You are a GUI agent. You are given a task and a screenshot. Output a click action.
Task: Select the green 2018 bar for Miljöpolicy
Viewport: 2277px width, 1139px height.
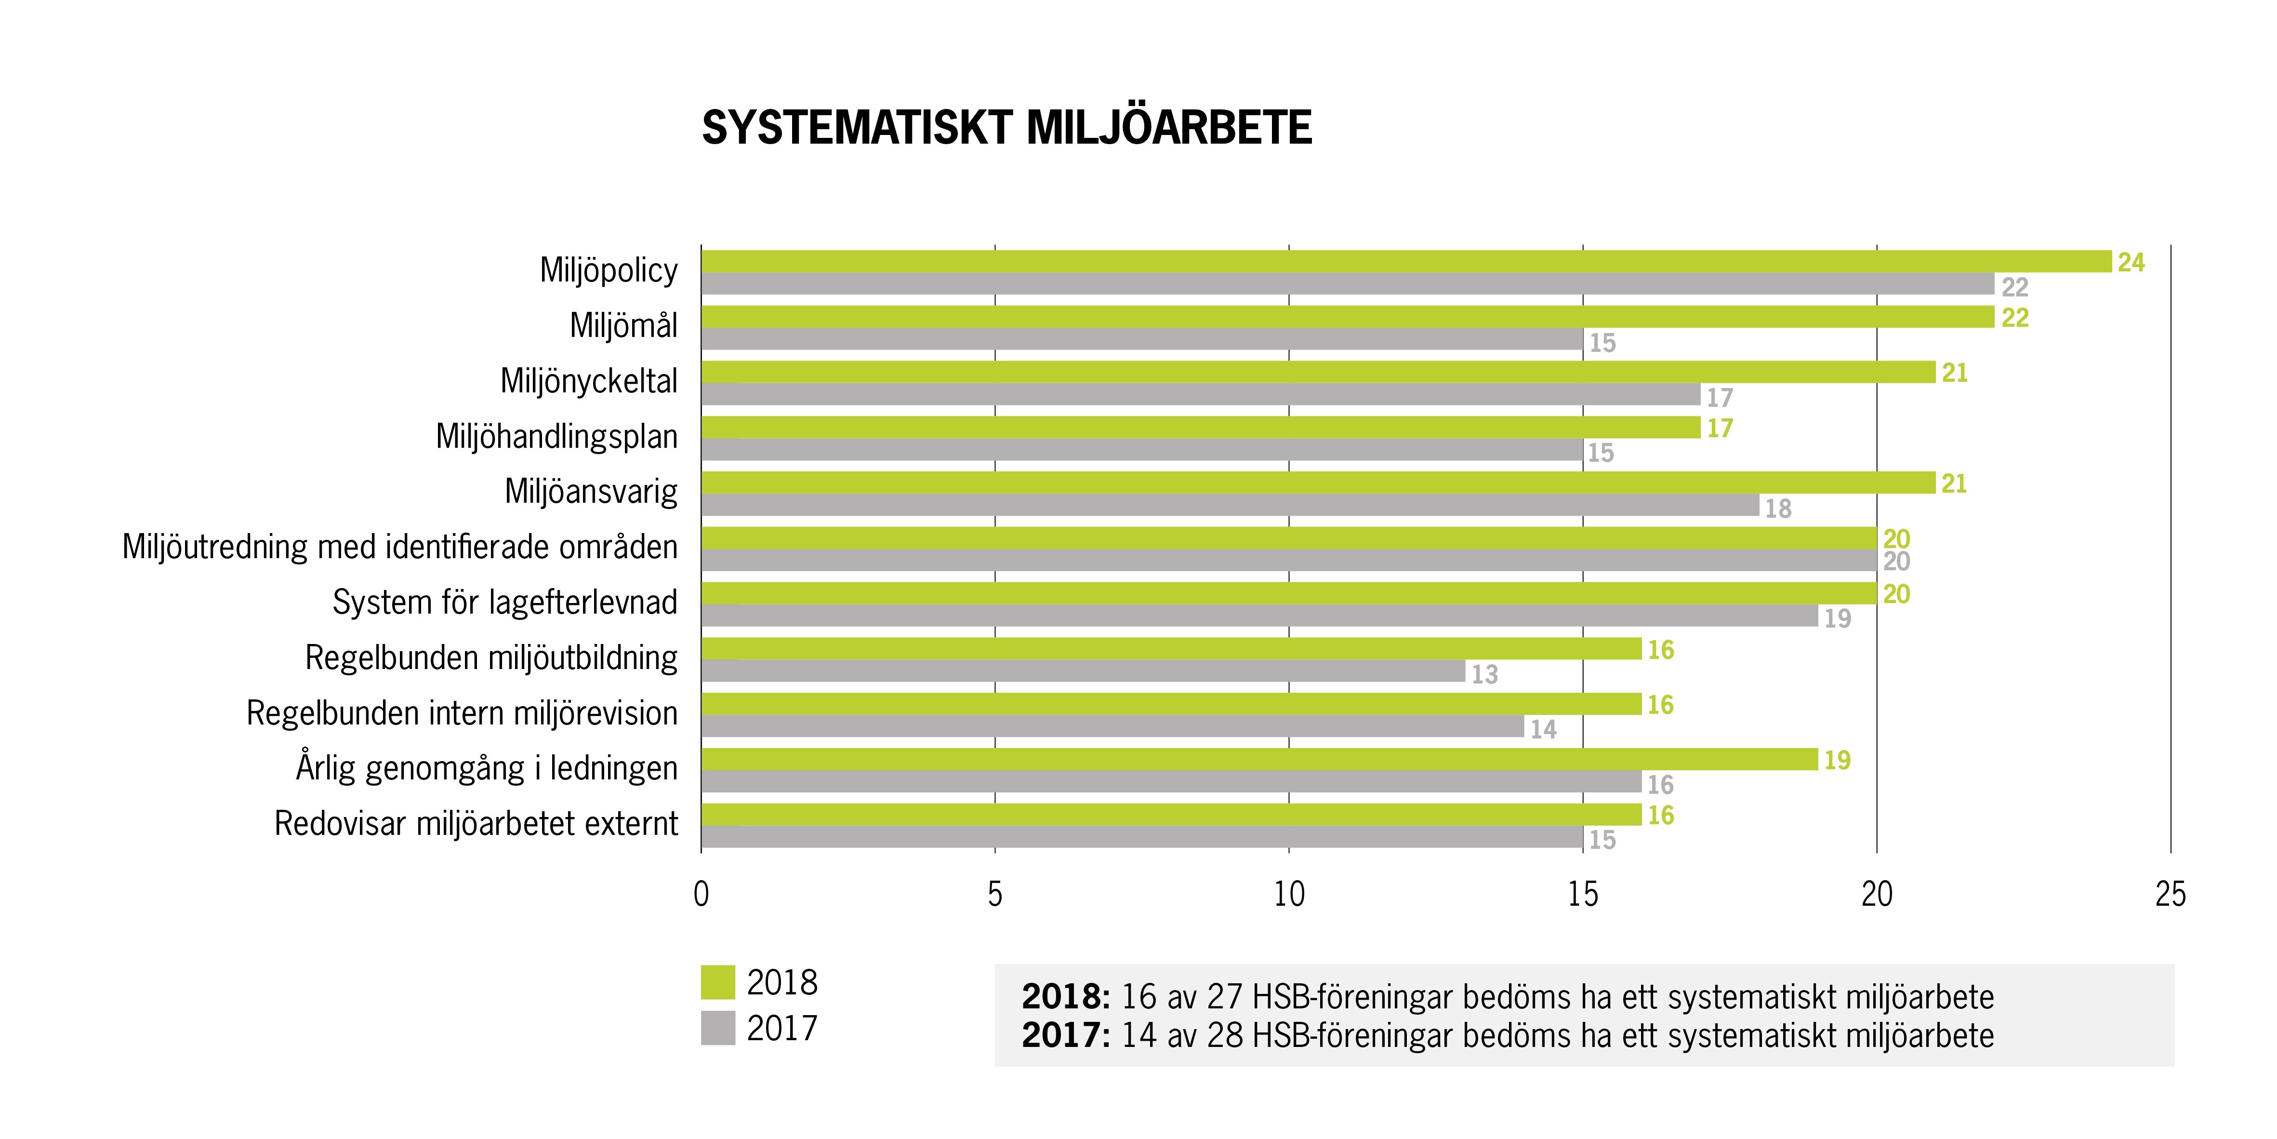[1405, 262]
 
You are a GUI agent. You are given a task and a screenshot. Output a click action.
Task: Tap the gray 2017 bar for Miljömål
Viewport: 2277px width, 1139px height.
[1142, 339]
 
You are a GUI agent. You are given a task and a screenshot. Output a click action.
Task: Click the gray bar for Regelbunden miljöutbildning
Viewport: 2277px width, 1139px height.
[1083, 671]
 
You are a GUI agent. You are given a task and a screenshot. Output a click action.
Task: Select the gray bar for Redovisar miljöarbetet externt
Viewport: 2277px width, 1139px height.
[1142, 837]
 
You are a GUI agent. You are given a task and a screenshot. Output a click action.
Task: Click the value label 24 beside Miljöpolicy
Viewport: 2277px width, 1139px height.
[2131, 263]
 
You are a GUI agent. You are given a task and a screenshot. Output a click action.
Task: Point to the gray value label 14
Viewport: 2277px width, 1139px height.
[1543, 730]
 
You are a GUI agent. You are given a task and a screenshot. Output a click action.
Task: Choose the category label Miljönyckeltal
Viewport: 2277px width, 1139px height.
[589, 381]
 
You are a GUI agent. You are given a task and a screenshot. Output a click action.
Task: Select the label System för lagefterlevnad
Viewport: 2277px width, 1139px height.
[505, 602]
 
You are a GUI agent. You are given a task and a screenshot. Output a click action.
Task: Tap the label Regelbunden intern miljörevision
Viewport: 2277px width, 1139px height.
[462, 713]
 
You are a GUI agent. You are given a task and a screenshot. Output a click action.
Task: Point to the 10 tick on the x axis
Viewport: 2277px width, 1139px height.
[1289, 895]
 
